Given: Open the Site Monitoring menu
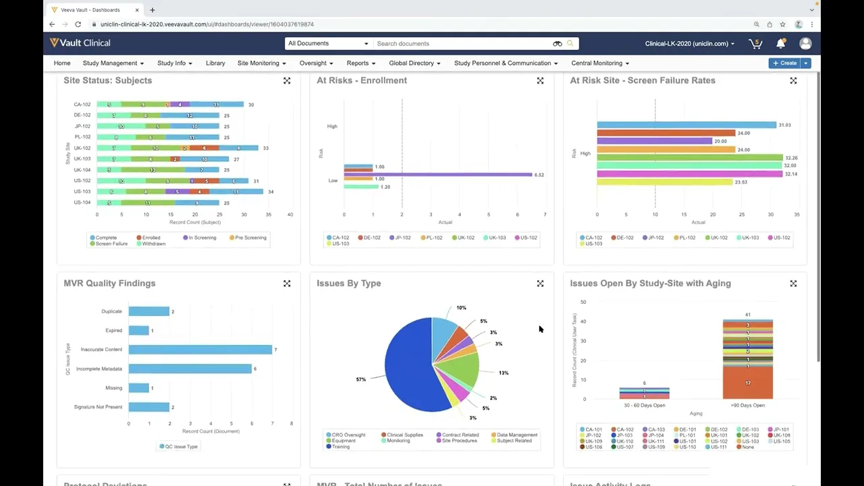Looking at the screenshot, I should tap(261, 63).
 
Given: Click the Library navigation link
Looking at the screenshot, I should tap(215, 63).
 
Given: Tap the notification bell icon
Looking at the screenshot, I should tap(780, 43).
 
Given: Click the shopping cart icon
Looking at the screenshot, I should tap(755, 43).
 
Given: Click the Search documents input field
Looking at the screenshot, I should tap(463, 43).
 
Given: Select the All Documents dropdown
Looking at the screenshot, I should tap(328, 43).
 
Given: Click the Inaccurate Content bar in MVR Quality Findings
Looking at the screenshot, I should tap(200, 350).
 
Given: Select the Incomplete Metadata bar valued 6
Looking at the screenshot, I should tap(190, 369).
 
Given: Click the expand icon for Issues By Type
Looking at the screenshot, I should tap(540, 283).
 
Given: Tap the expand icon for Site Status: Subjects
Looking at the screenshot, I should tap(287, 80).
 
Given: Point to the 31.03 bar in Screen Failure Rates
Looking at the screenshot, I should tap(686, 125).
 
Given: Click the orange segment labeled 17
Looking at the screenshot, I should tap(747, 383).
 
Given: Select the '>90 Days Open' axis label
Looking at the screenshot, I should tap(747, 406).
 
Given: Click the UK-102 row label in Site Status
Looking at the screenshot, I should tap(82, 148).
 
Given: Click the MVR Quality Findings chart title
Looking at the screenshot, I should tap(109, 283).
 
